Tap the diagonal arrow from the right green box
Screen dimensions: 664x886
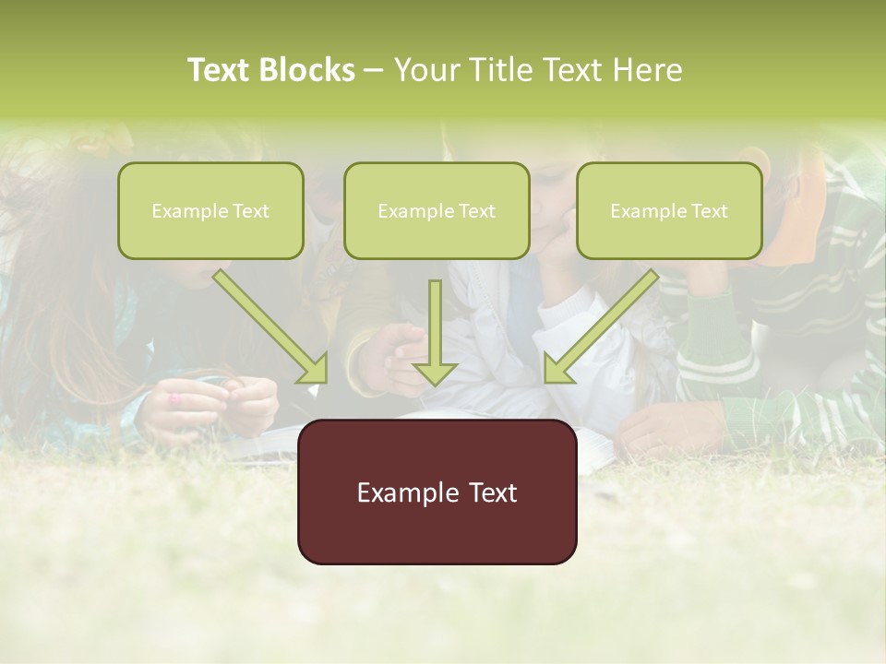point(601,326)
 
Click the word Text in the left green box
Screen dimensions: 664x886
point(251,211)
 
